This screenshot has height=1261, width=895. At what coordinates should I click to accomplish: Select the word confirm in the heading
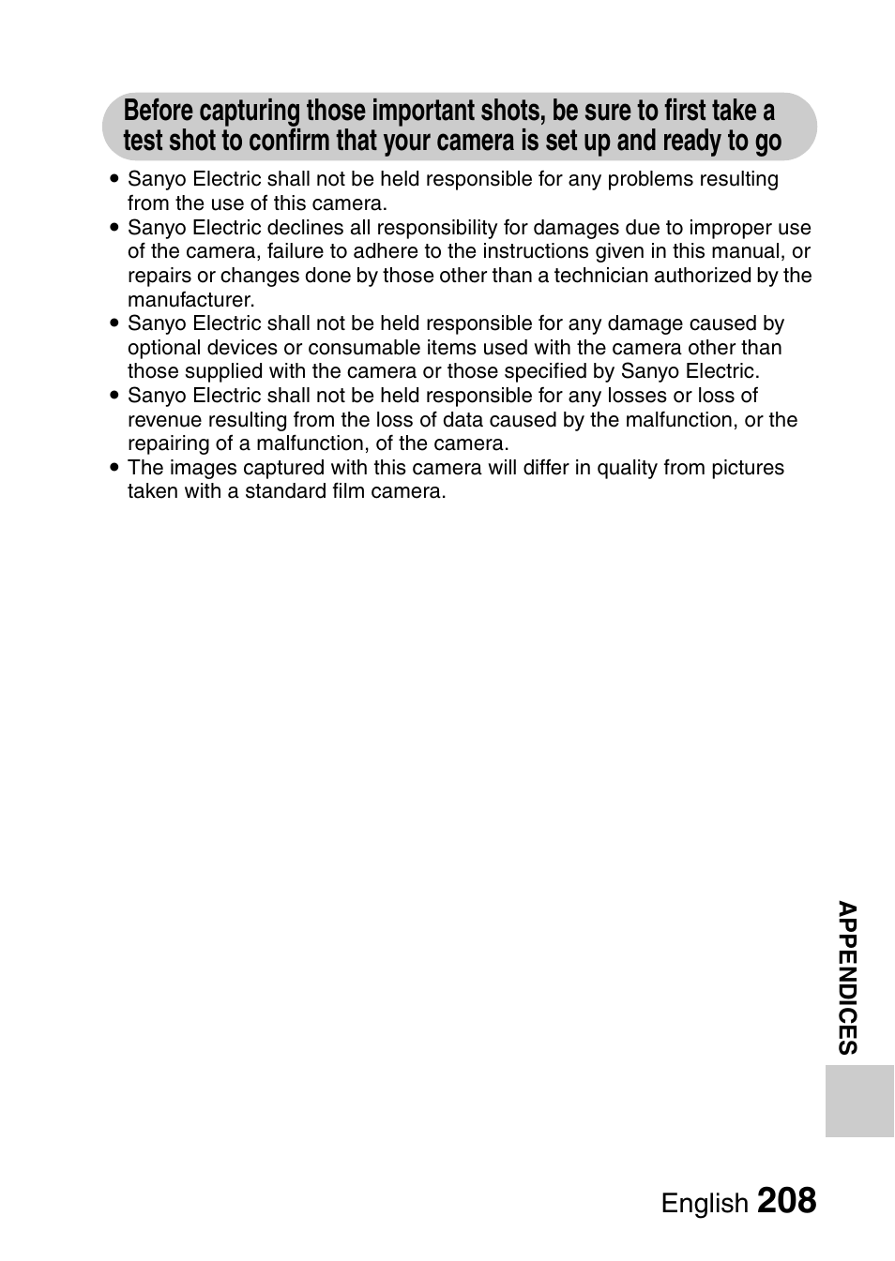(289, 142)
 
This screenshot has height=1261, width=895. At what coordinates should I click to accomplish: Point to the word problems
(655, 179)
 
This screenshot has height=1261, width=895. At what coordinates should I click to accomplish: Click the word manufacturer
(190, 300)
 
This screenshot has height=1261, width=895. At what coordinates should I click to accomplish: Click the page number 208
(786, 1201)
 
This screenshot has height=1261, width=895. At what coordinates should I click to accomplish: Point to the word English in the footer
(705, 1204)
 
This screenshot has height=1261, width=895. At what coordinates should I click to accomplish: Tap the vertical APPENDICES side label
(848, 978)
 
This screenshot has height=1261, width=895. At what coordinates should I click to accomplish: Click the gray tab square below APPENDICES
(859, 1101)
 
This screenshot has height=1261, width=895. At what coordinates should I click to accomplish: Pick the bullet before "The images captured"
(114, 468)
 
